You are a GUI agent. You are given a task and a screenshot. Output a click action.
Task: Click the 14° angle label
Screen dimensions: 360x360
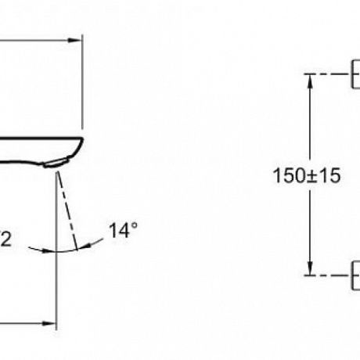coord(123,230)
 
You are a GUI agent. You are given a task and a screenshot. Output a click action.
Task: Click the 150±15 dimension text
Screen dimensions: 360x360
coord(307,175)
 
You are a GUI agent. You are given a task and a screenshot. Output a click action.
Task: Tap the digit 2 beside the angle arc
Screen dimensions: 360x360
coord(6,239)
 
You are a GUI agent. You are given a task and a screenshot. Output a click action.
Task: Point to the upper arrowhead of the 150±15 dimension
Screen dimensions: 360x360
coord(310,81)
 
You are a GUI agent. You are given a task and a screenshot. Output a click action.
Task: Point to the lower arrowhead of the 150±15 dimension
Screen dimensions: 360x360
coord(310,268)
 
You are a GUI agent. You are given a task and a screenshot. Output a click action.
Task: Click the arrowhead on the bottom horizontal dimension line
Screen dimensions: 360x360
coord(49,323)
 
